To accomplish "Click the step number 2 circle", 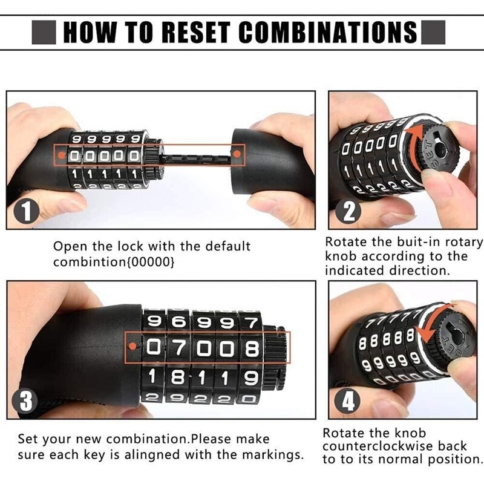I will click(351, 211).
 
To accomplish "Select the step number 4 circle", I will click(351, 400).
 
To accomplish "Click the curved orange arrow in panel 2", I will click(412, 151).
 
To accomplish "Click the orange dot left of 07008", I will click(134, 347).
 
